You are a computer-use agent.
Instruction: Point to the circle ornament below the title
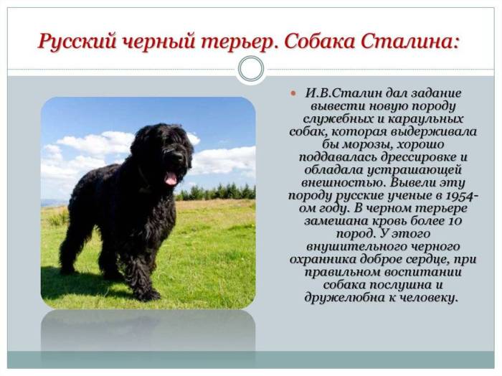click(x=250, y=69)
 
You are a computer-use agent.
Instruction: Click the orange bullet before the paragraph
click(x=293, y=94)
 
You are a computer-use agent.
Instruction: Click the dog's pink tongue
click(x=171, y=177)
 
